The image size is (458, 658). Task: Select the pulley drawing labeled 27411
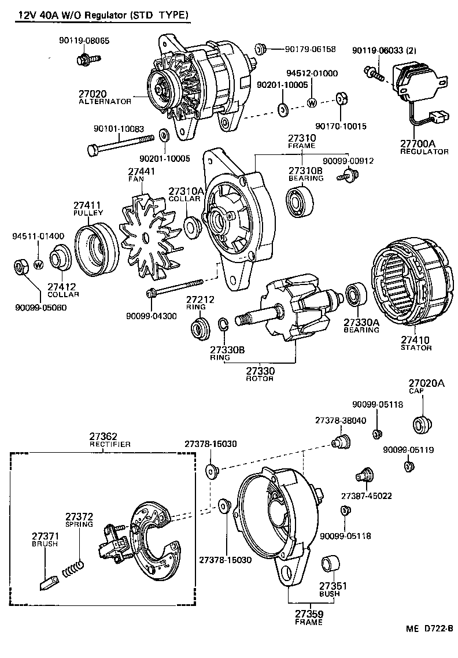click(97, 248)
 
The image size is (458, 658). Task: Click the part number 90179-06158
click(310, 49)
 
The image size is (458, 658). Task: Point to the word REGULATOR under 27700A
click(424, 151)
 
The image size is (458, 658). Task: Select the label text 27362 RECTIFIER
click(110, 440)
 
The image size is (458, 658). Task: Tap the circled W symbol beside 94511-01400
click(38, 265)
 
